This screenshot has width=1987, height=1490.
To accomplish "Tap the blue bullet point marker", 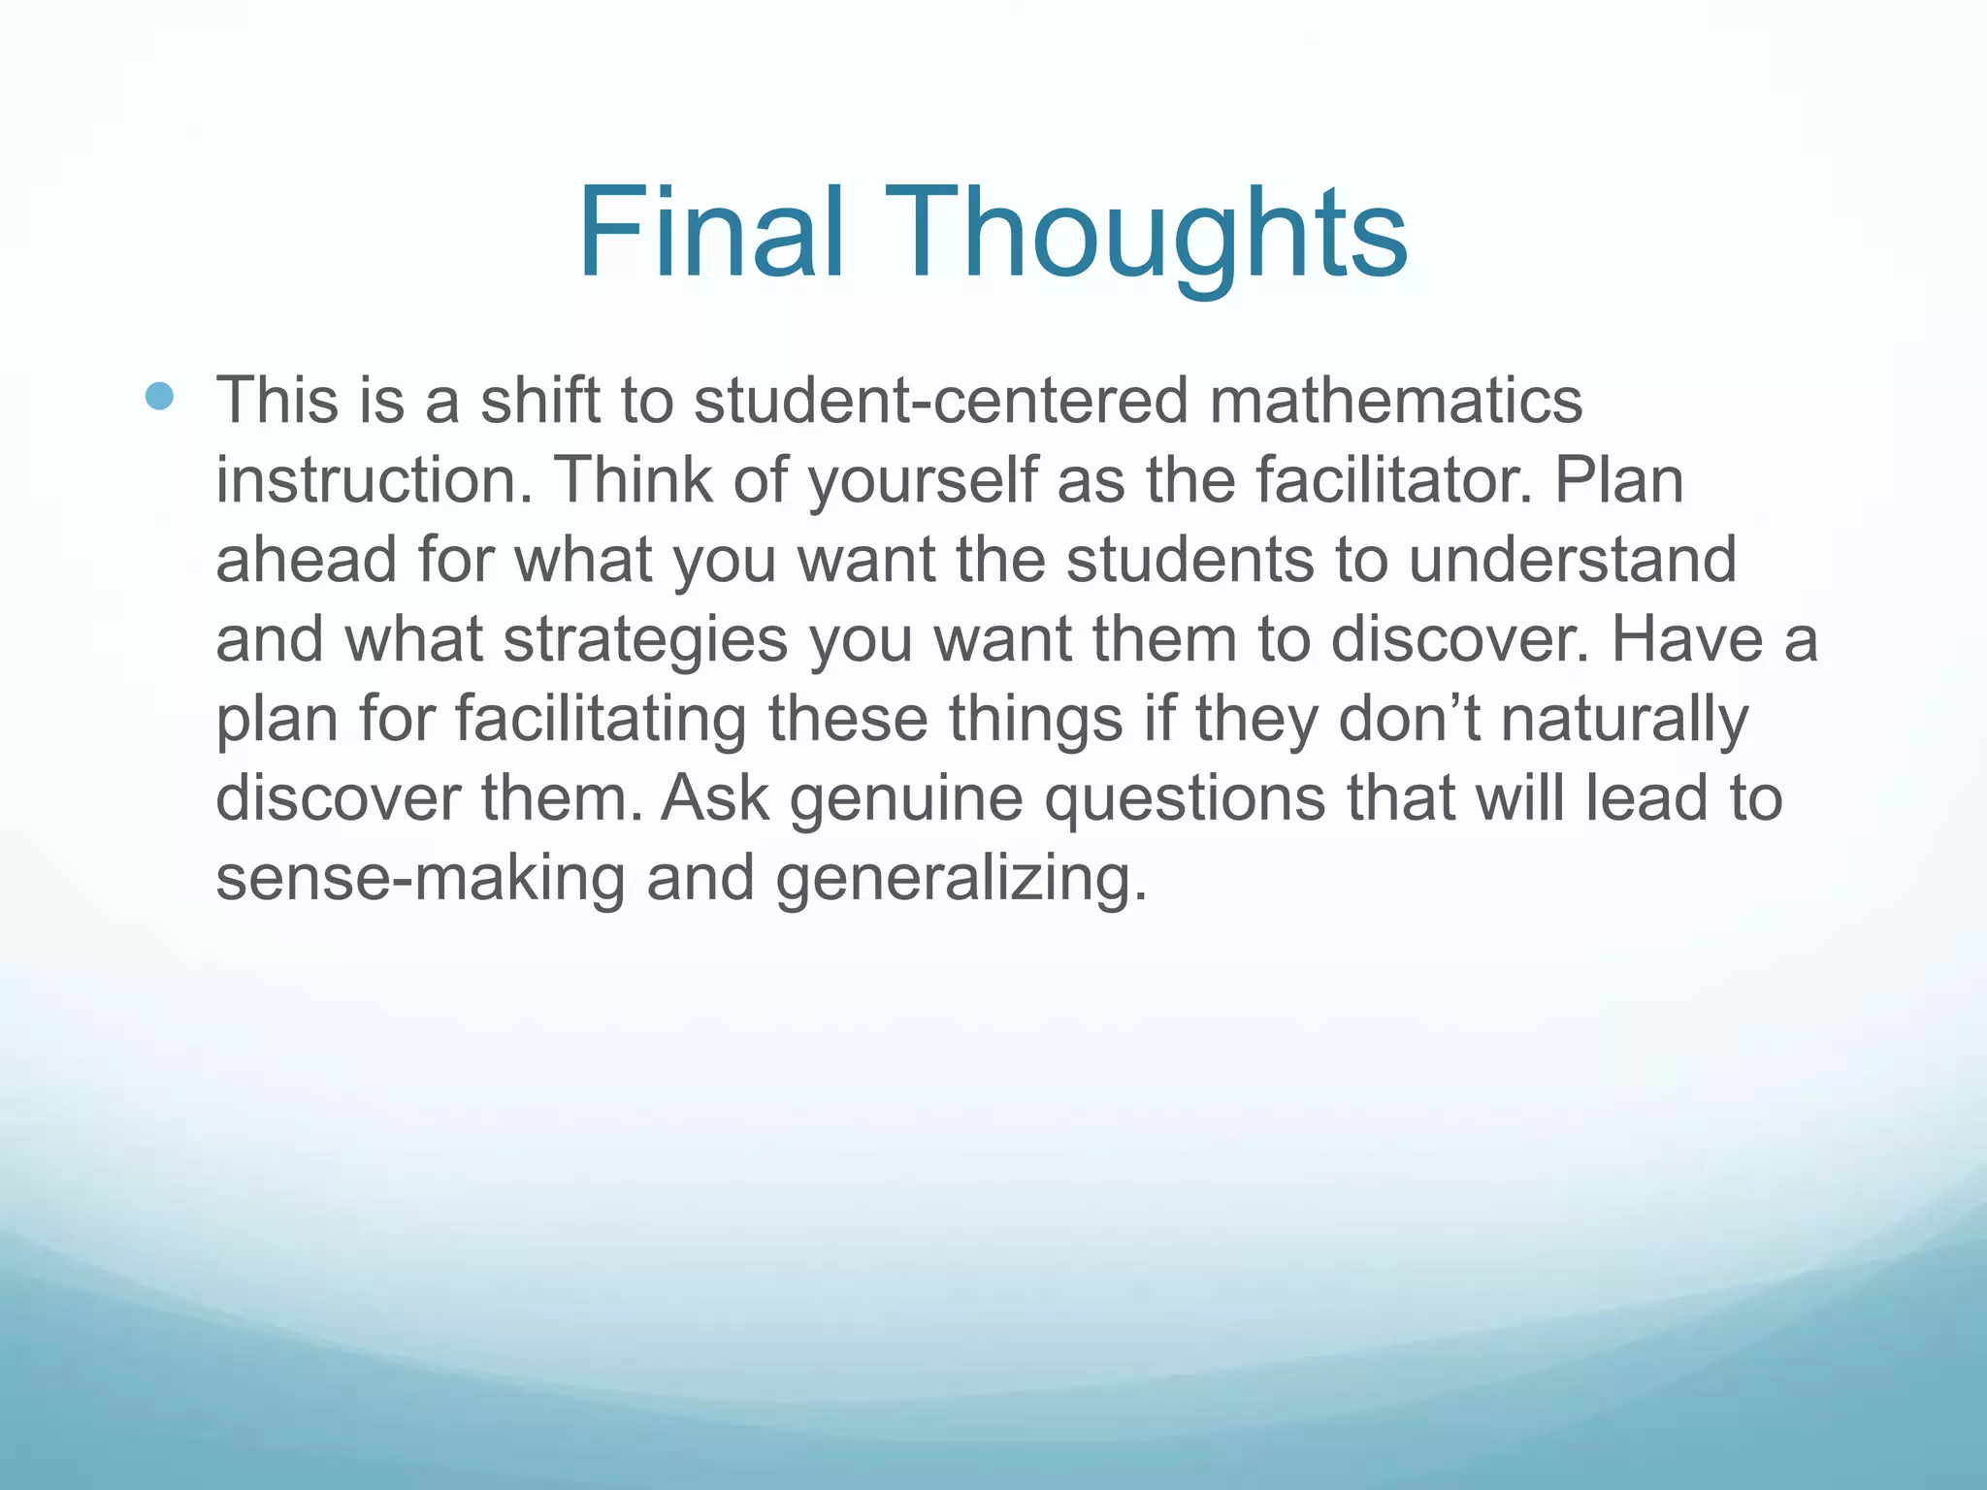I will point(159,395).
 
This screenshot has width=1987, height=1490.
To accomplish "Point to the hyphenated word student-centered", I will point(940,400).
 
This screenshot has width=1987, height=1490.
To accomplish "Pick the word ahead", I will point(306,560).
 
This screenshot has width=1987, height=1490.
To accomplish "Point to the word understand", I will point(1572,560).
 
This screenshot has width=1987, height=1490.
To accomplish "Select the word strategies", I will point(645,641).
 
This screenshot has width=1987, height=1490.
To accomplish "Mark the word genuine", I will point(906,800).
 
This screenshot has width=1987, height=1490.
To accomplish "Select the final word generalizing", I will point(961,880).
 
